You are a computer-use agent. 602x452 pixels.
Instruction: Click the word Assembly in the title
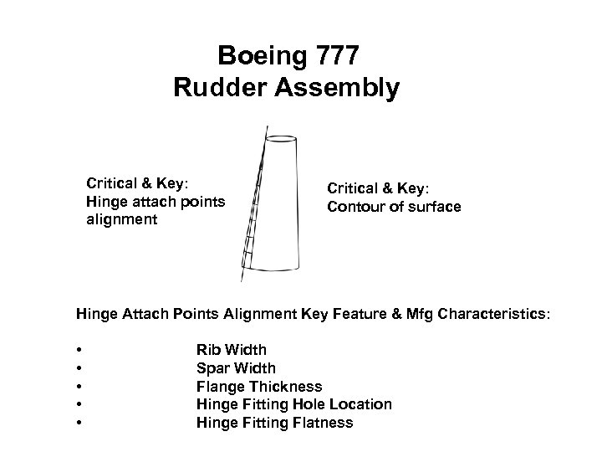339,88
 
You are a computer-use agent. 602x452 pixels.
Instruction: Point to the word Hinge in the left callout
105,201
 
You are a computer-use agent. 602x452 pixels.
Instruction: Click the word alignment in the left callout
121,219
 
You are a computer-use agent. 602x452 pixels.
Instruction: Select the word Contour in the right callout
354,207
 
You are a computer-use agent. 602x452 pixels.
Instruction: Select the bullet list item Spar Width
236,368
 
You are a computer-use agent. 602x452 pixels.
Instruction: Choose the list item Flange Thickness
259,386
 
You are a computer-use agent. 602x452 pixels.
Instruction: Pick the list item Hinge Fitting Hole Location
293,404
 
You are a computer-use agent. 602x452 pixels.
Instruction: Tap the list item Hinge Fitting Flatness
274,423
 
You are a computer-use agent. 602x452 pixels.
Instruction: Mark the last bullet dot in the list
78,423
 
